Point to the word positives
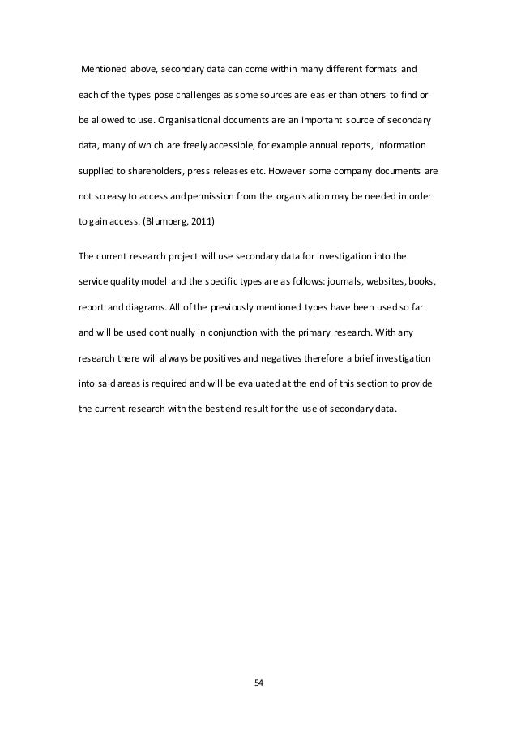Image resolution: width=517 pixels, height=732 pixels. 233,357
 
